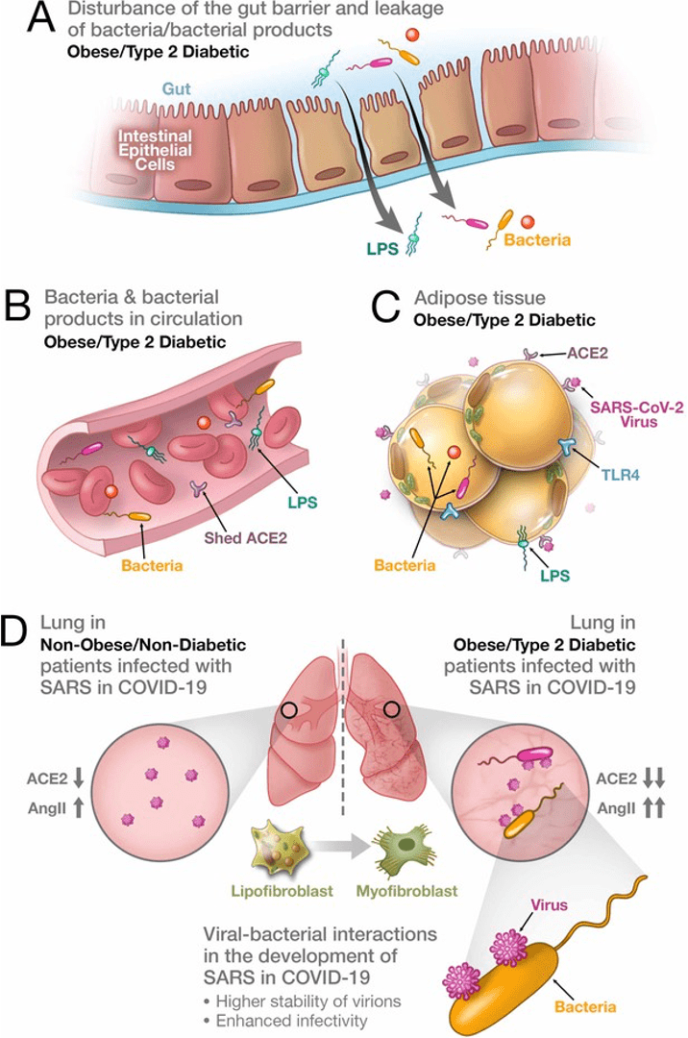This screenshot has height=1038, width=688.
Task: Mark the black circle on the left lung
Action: pyautogui.click(x=289, y=712)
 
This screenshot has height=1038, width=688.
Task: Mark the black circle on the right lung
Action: pyautogui.click(x=391, y=710)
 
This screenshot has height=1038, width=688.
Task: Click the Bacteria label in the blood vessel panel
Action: pyautogui.click(x=152, y=566)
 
